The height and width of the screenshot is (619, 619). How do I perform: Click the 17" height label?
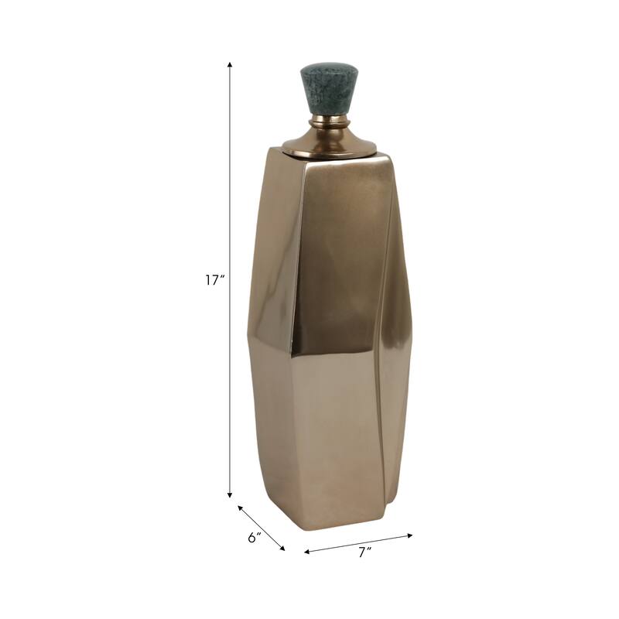214,281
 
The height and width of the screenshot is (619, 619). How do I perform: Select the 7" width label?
365,552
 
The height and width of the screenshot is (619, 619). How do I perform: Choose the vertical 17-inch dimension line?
230,193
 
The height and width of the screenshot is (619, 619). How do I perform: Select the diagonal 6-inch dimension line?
262,528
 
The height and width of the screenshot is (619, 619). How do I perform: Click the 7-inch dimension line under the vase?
359,543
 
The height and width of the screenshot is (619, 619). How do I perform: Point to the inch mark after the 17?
221,277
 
